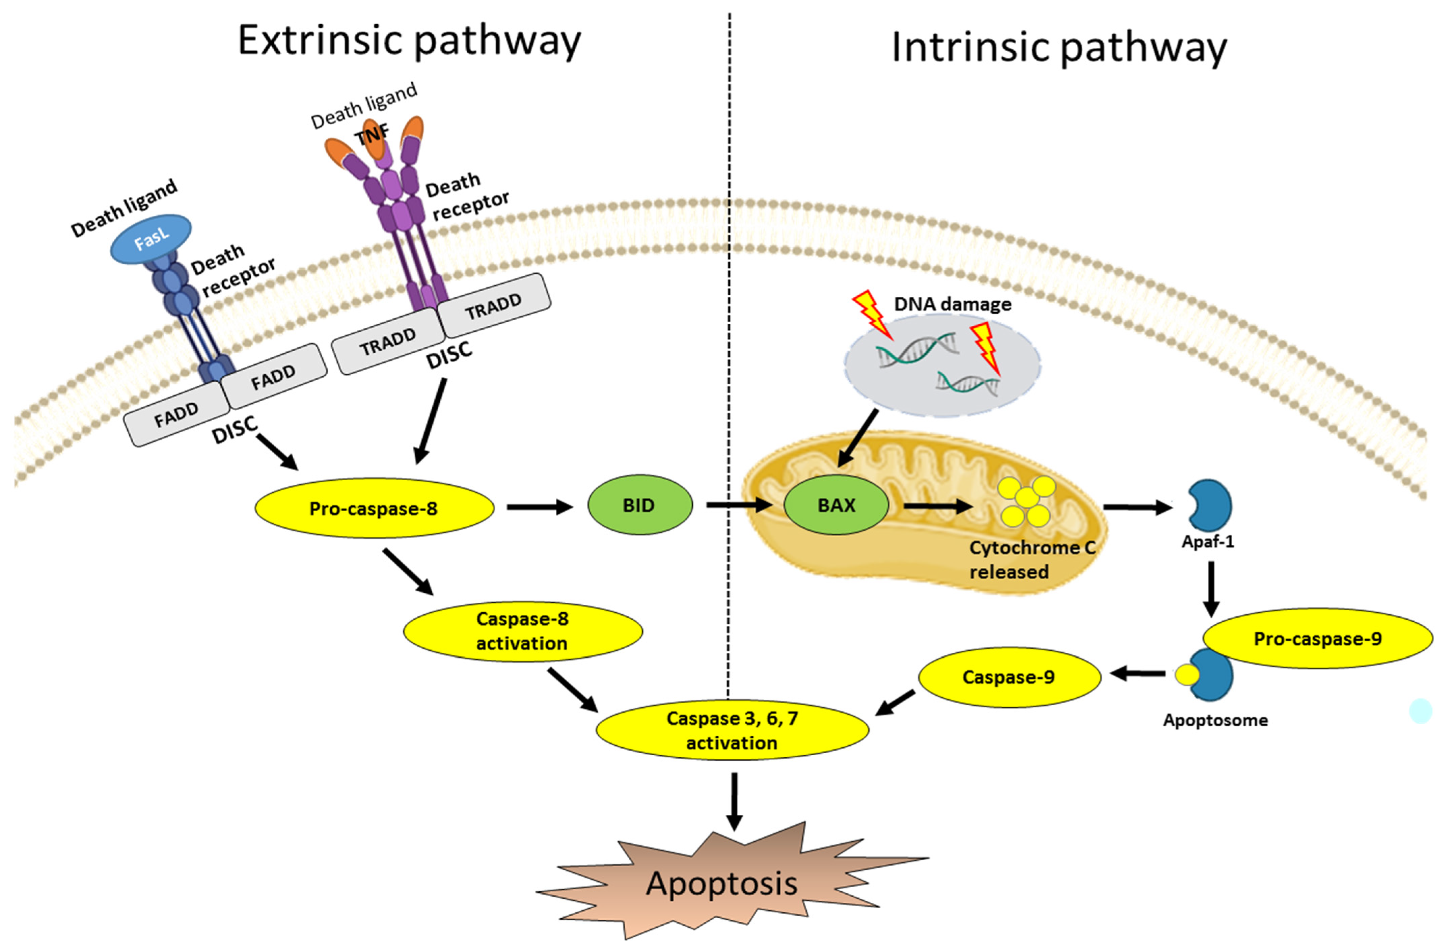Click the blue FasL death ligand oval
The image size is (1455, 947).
(150, 239)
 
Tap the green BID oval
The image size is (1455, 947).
(640, 505)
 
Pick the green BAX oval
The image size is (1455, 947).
(836, 505)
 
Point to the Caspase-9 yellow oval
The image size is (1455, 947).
(1010, 677)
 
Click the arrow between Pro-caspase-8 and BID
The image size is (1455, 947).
(541, 507)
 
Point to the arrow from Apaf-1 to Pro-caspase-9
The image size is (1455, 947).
(1210, 589)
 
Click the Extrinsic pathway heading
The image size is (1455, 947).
(409, 41)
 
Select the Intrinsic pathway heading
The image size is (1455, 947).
(1059, 48)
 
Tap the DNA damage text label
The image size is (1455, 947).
(953, 304)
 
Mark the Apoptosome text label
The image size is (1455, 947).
(1215, 720)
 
